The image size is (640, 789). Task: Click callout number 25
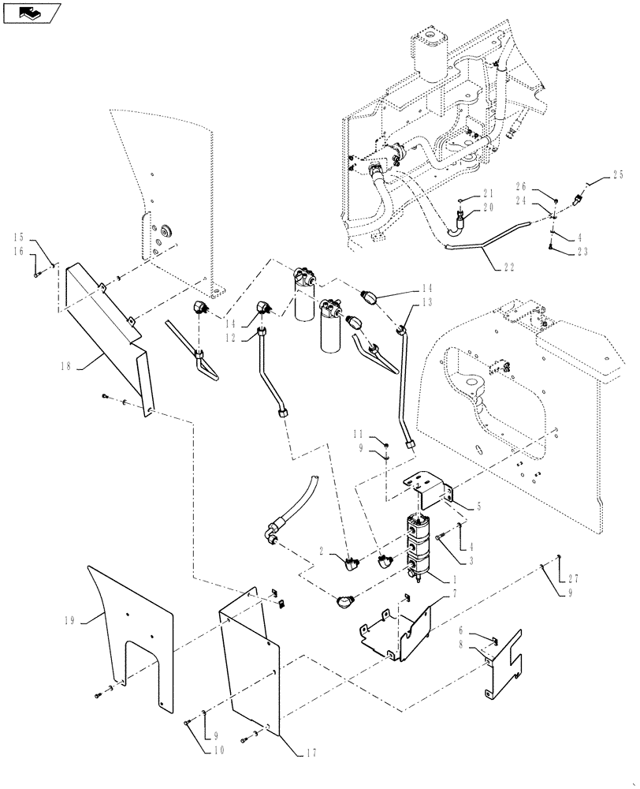click(616, 174)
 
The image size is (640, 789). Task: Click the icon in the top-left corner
click(32, 13)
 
